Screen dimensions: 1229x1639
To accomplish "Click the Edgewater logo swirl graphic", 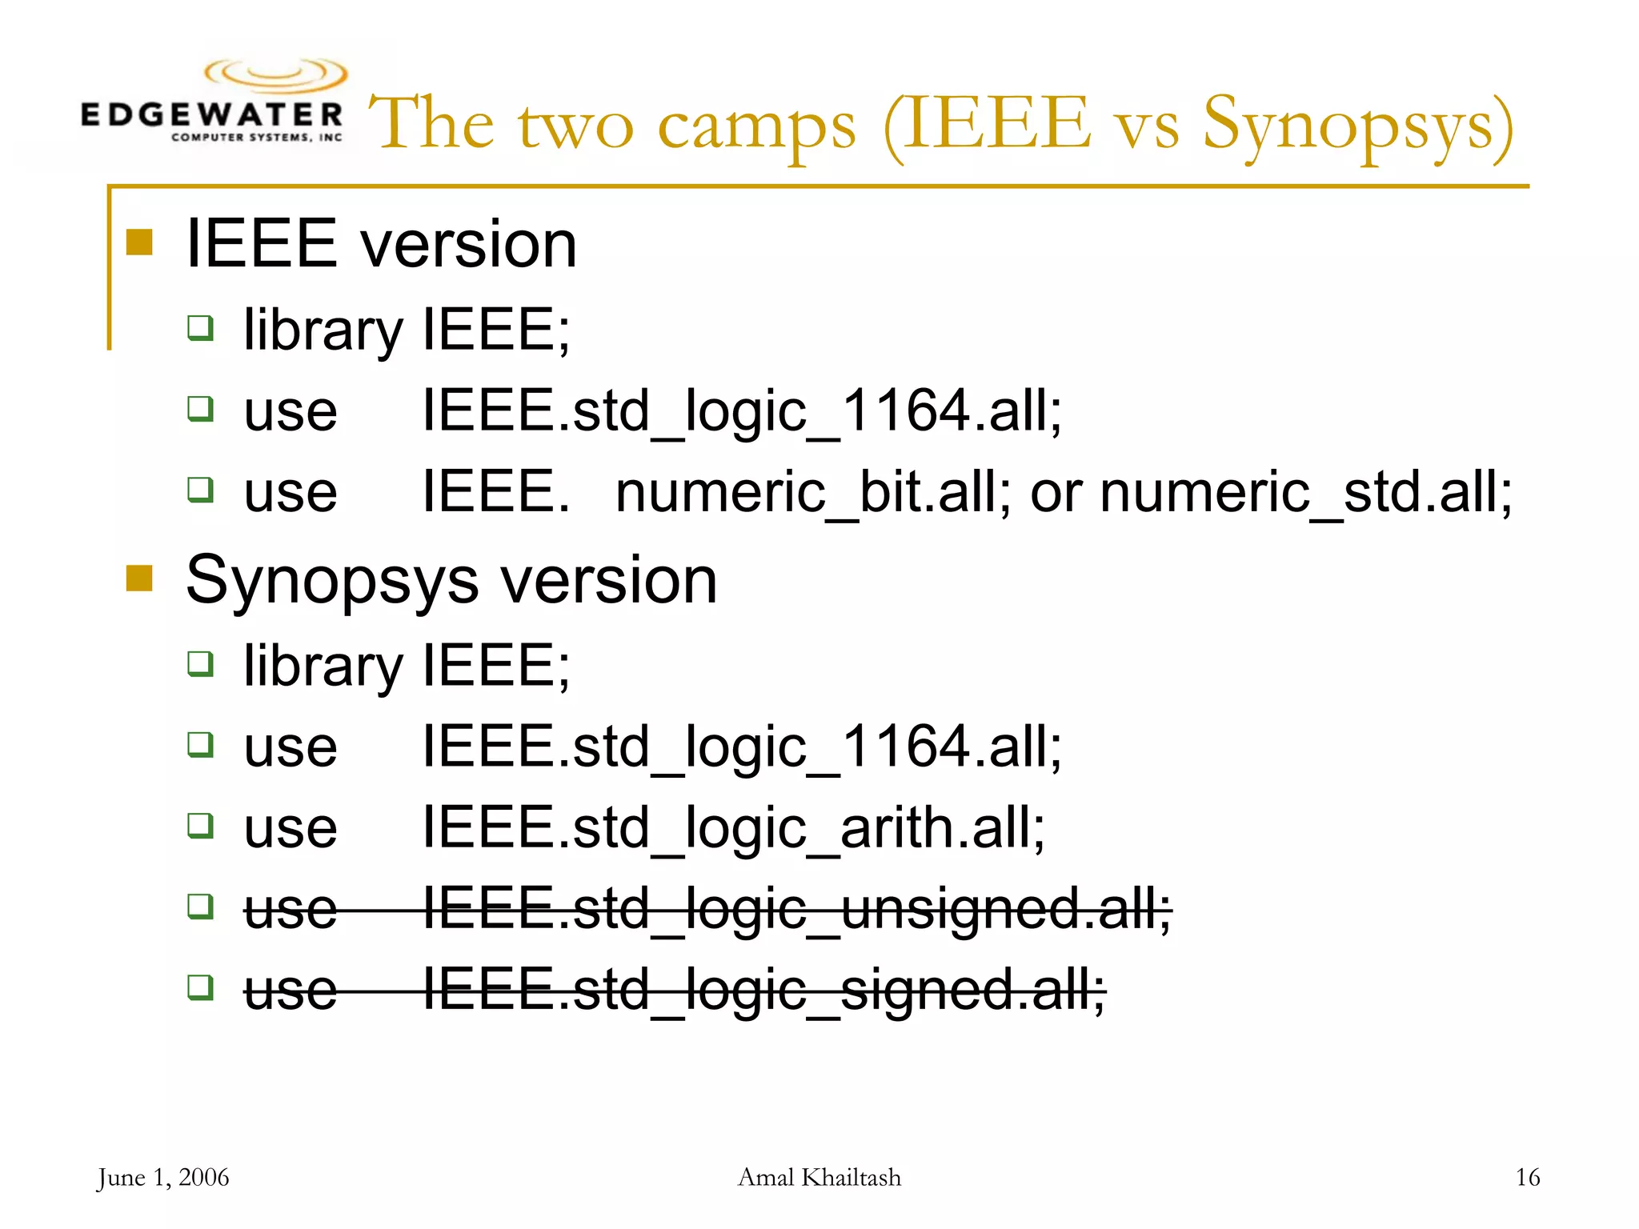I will point(276,74).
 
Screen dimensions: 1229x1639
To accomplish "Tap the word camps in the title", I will point(756,126).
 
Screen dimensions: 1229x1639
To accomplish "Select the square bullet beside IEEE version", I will point(139,242).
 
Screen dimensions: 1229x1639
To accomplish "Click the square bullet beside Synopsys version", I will point(139,578).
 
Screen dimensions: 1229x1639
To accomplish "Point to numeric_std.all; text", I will point(1306,491).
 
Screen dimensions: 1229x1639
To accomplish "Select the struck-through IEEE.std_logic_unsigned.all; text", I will point(796,909).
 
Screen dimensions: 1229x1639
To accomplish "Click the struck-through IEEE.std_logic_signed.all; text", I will point(763,990).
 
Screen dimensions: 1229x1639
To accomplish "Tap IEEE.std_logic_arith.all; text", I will point(733,827).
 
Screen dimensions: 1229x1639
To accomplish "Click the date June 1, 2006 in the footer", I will point(163,1178).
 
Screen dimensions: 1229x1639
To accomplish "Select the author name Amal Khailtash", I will point(819,1178).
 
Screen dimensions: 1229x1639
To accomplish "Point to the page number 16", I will point(1527,1178).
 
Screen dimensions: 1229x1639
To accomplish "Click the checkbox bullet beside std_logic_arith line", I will point(200,825).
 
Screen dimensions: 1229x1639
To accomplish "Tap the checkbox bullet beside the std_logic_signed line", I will point(200,987).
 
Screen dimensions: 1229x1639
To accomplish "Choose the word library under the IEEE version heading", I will point(323,330).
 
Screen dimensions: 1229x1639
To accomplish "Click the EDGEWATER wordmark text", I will point(211,114).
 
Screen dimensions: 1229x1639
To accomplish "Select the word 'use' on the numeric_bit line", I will point(291,493).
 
